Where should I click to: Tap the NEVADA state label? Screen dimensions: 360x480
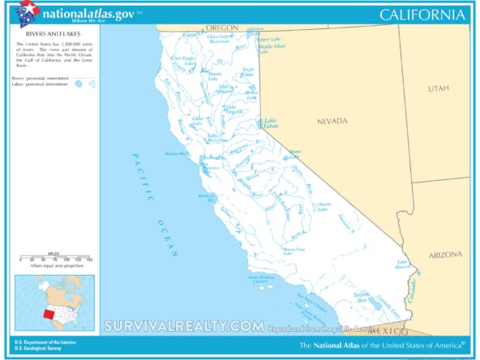(x=332, y=121)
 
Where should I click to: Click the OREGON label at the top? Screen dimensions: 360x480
(x=221, y=28)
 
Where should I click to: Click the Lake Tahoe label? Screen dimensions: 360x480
(x=271, y=124)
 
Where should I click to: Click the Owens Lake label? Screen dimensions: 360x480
(x=324, y=206)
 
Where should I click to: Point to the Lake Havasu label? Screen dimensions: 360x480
(x=401, y=264)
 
